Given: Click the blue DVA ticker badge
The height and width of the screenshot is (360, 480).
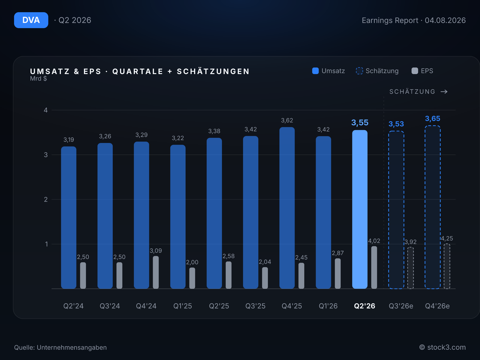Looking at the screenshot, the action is pos(31,20).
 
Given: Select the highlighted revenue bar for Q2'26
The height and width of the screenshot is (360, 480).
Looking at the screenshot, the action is pos(360,209).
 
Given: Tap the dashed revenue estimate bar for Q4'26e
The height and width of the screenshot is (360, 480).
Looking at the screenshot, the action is pos(433,207).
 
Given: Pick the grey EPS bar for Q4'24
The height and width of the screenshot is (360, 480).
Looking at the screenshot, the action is pos(156,272).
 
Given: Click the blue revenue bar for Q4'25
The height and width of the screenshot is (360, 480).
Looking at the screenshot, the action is pos(287,208).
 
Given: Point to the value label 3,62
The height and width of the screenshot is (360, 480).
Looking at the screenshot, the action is pos(287,120).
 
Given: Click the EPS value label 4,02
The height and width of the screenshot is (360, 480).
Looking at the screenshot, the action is pos(374,241).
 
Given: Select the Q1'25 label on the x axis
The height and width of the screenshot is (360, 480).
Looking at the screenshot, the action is pos(183,306).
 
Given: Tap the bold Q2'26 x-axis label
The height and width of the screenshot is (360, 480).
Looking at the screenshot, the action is pos(364,306).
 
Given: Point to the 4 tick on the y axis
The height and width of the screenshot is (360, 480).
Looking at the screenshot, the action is pos(46,110).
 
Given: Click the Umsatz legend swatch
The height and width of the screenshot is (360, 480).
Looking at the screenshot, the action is pos(315,71).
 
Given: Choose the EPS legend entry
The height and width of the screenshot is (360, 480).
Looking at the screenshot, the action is pos(422,71).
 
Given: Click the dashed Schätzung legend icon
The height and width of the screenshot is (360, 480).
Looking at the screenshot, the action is pos(359,71).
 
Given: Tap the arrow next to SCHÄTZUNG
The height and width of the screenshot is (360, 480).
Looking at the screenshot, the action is pos(444,91).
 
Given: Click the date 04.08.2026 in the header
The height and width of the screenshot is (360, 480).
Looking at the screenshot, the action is pos(445,20).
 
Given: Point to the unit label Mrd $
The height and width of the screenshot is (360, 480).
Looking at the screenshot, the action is pos(38,79).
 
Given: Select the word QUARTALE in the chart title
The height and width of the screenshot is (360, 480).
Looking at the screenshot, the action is pos(138,71).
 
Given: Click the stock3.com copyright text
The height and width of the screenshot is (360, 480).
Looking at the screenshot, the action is pos(442,347).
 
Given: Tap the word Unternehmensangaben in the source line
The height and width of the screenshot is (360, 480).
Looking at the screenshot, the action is pos(72,347).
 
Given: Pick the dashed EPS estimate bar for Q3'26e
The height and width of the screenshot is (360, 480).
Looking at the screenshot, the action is pos(410,268).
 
